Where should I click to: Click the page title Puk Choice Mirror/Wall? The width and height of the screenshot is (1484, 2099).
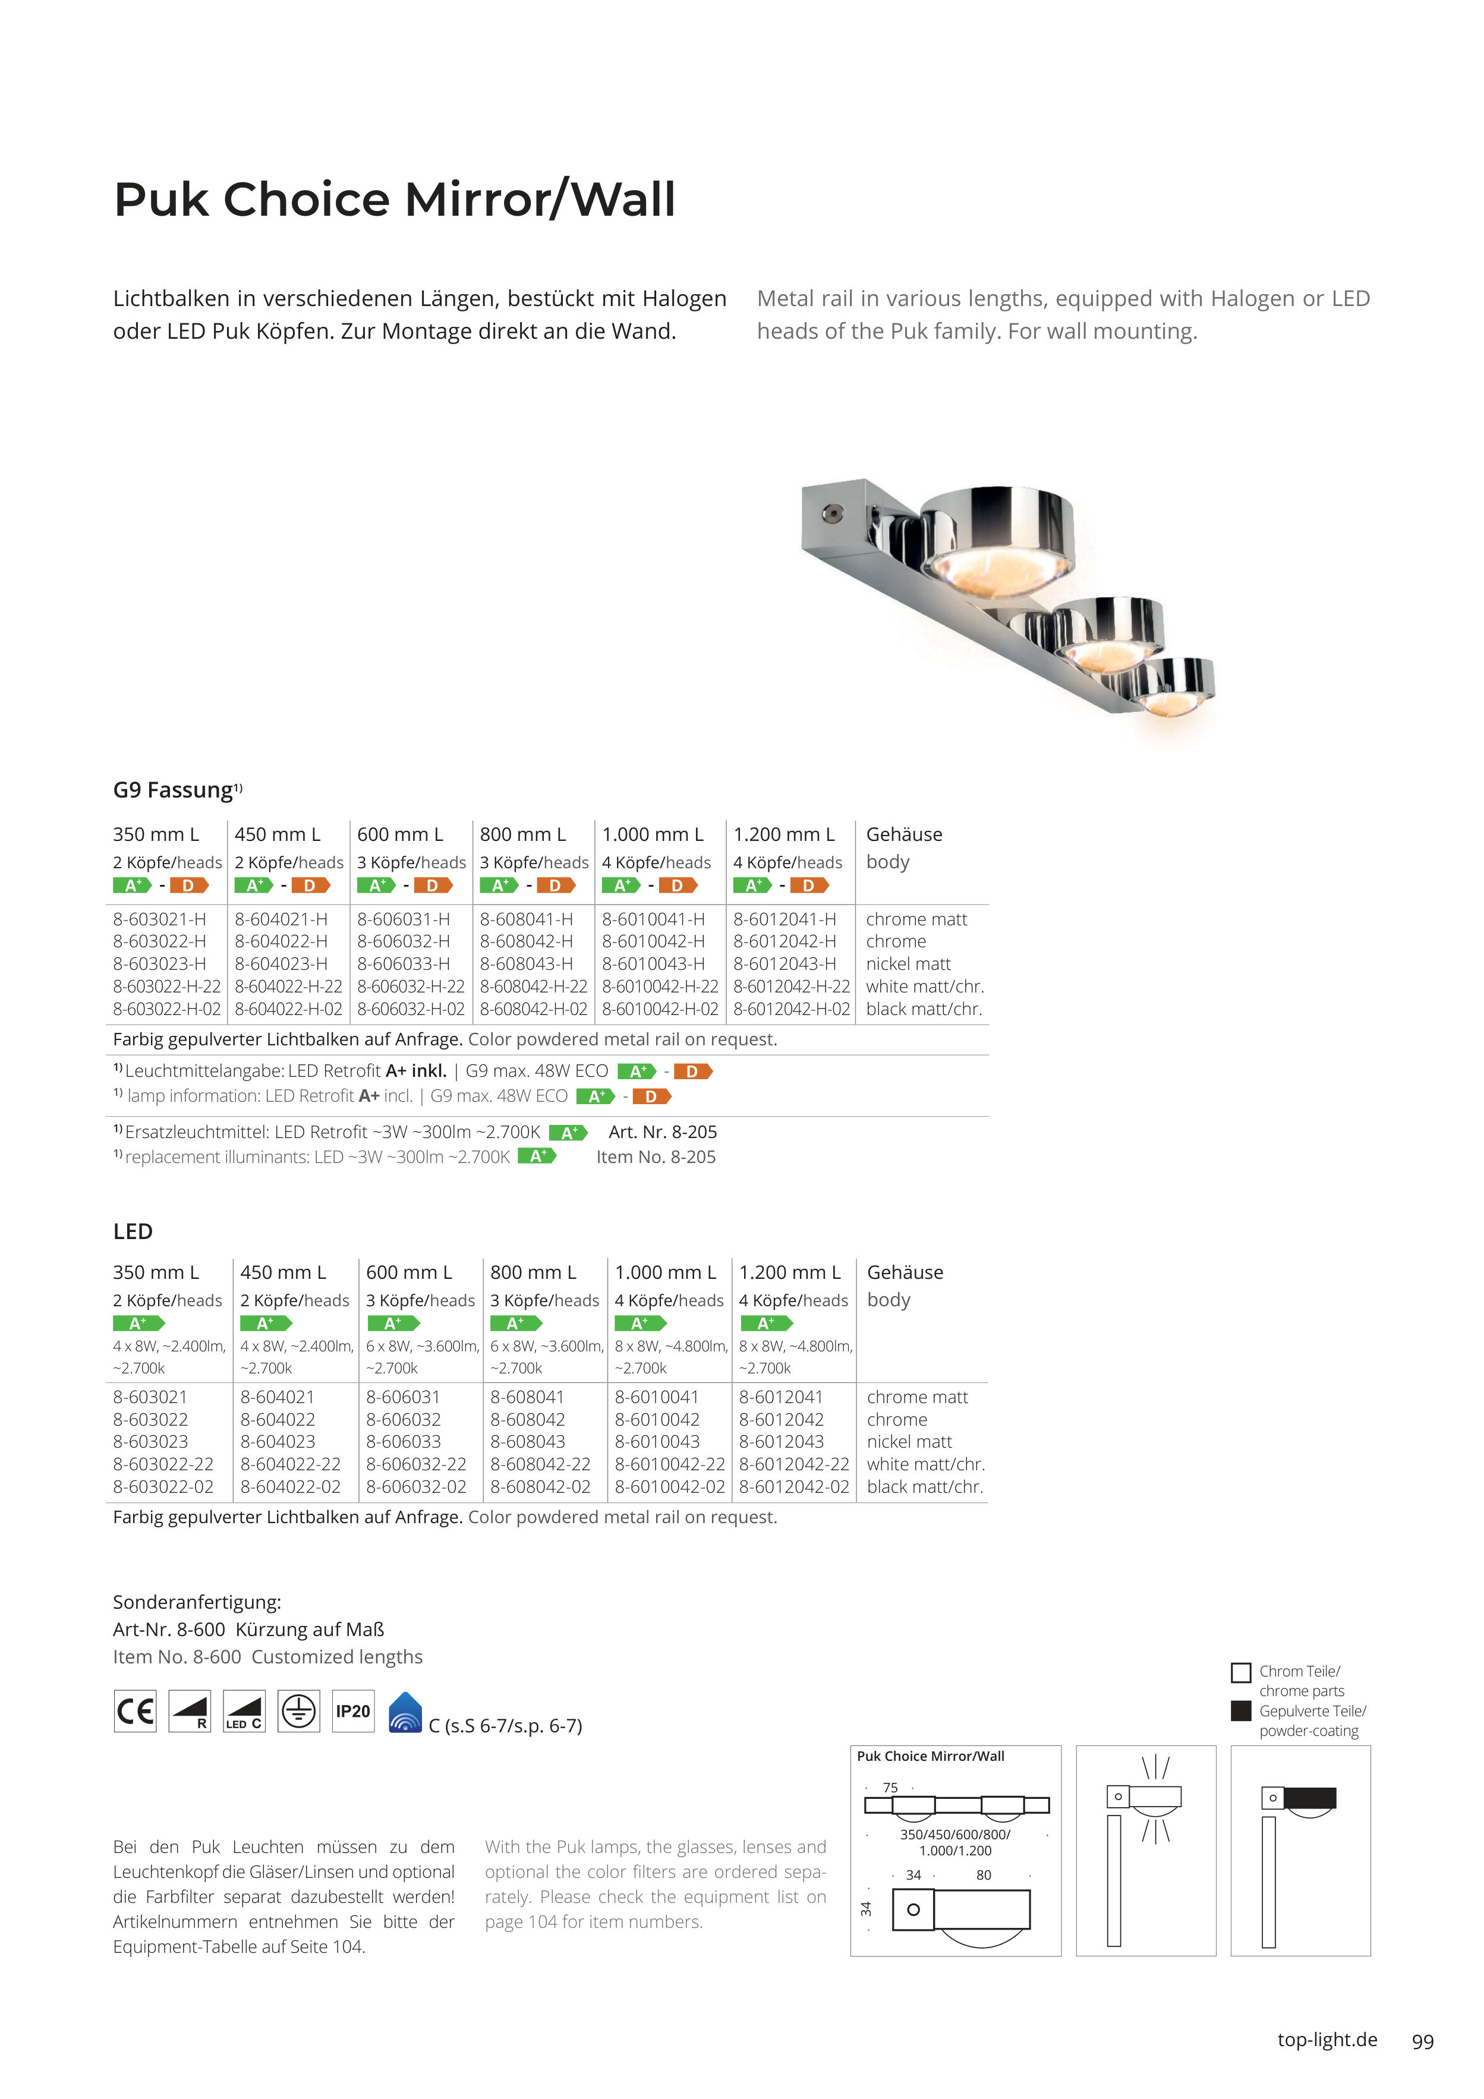click(394, 199)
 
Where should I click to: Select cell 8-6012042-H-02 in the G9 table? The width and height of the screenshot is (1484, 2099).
click(792, 1009)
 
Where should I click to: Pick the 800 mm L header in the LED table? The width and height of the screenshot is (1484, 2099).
click(533, 1272)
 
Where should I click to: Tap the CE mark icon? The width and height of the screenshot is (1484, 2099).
click(136, 1712)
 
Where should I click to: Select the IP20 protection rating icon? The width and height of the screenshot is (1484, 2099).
click(353, 1712)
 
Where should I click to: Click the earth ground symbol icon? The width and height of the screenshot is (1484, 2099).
click(299, 1712)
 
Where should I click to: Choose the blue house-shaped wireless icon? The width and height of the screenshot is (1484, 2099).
click(405, 1712)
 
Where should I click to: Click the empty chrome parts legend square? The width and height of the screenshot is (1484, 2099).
click(1241, 1673)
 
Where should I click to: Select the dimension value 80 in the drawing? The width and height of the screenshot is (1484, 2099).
click(984, 1875)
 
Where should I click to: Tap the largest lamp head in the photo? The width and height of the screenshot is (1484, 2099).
click(997, 540)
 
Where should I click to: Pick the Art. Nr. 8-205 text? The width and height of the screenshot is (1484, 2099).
click(663, 1132)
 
